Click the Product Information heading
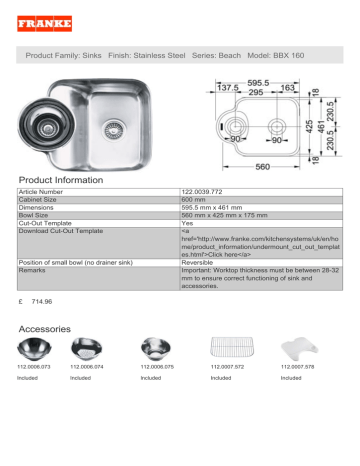[x=60, y=180]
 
